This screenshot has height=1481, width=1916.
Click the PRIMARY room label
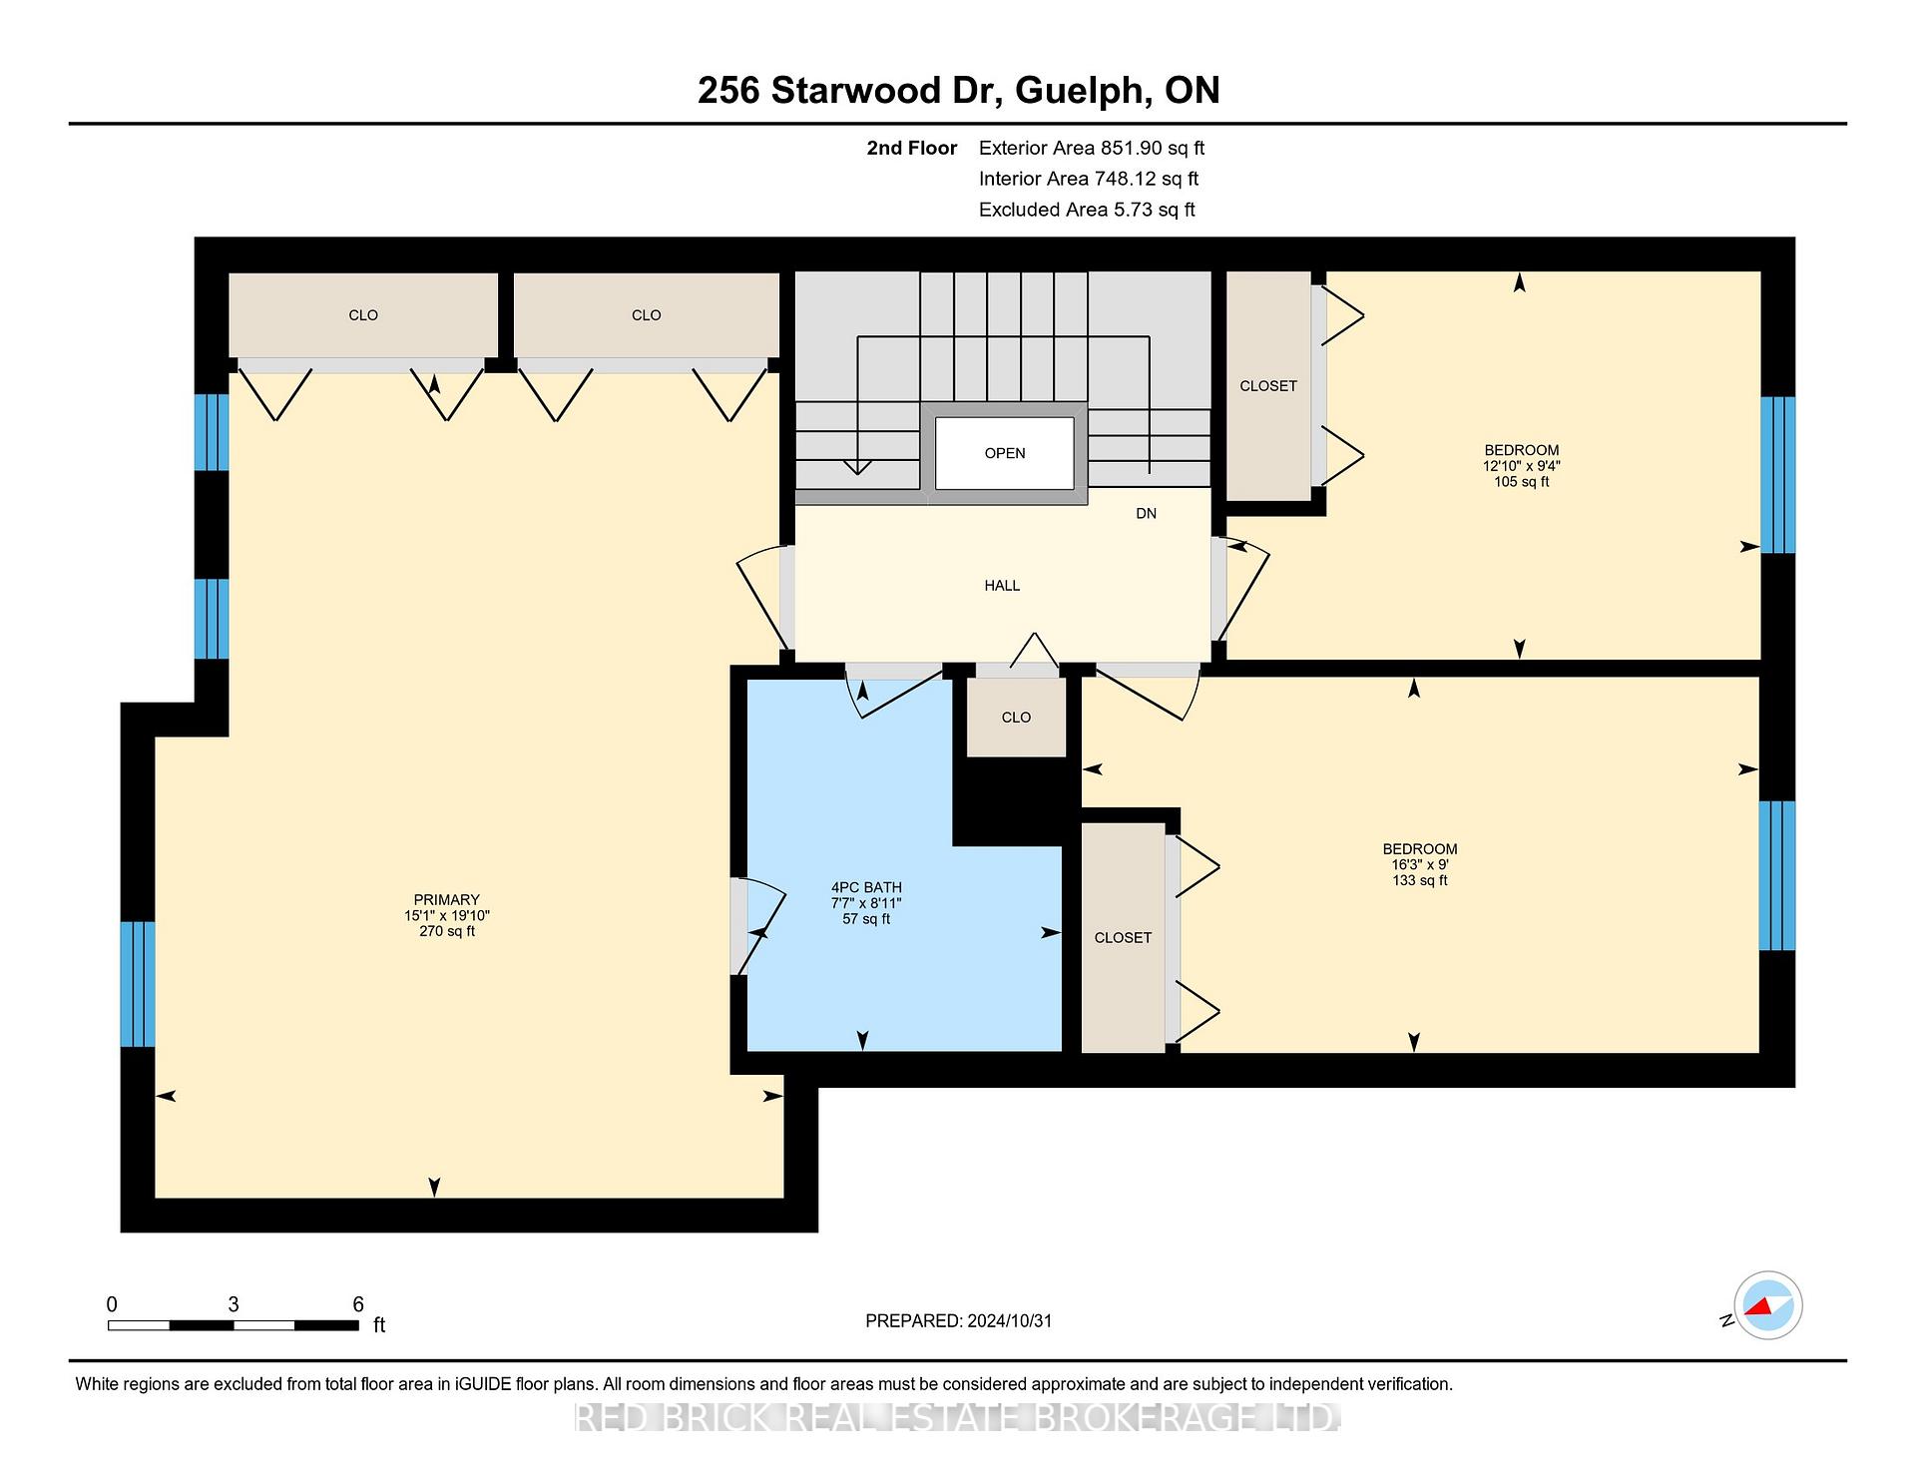[447, 899]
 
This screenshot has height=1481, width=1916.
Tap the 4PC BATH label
[866, 887]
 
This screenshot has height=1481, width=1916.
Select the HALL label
[1002, 586]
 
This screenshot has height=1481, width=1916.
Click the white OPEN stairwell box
[1005, 453]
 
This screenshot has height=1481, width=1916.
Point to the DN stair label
[1146, 514]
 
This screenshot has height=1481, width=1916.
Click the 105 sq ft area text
[1521, 482]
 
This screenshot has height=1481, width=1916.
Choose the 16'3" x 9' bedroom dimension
[1420, 865]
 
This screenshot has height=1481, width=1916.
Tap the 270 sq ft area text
[447, 931]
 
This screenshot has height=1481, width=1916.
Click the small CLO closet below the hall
[1016, 718]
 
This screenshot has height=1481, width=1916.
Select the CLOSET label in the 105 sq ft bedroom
[1268, 386]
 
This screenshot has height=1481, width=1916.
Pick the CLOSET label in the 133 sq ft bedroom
[1123, 938]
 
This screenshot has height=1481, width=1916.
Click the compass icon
[1767, 1305]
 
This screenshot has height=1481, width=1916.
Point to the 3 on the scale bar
[234, 1304]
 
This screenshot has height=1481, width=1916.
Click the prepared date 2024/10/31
[1010, 1321]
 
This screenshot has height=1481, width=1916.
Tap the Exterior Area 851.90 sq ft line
[1092, 149]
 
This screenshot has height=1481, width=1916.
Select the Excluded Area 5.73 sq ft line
[1087, 210]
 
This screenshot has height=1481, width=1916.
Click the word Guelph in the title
[1079, 91]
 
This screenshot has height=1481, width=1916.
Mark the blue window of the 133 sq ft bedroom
[1776, 875]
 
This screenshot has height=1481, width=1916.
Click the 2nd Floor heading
[911, 149]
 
